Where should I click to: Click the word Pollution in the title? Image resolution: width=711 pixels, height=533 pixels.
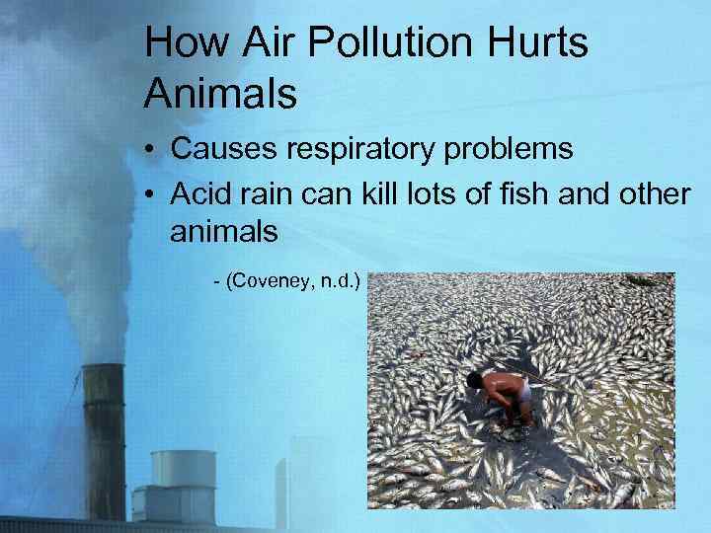[369, 44]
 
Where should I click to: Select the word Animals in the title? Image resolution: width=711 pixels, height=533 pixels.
[220, 94]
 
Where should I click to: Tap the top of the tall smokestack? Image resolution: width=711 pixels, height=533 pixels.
[103, 372]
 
